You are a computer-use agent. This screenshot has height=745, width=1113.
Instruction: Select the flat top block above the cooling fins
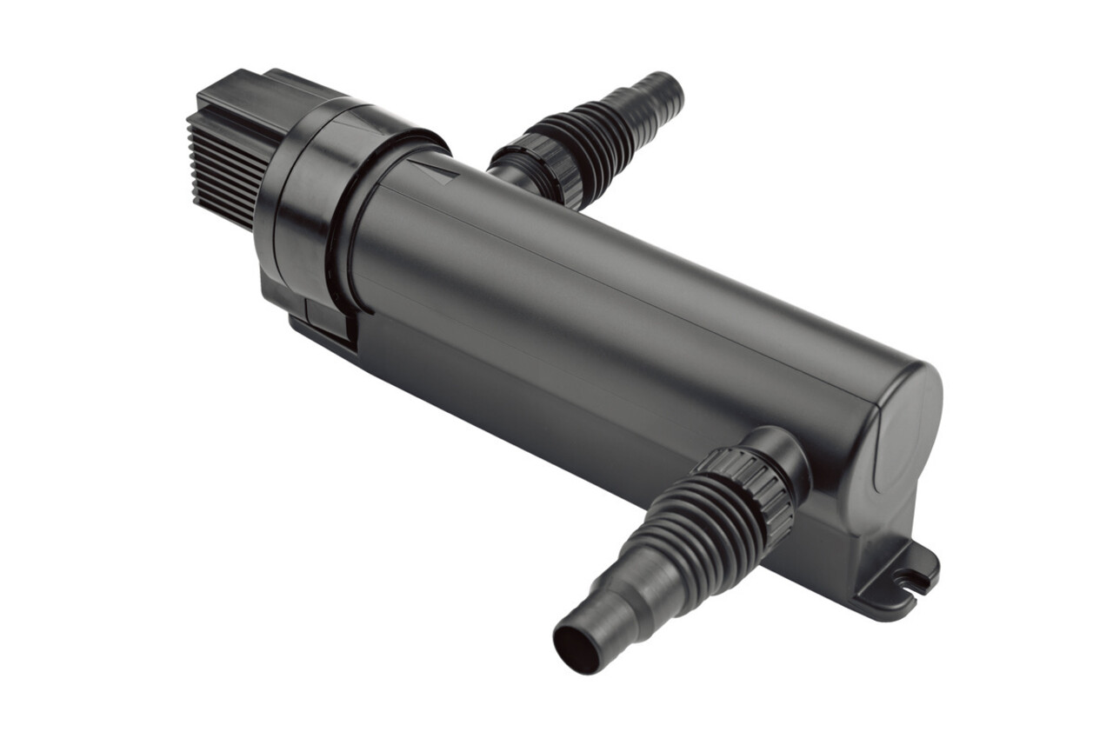252,96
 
